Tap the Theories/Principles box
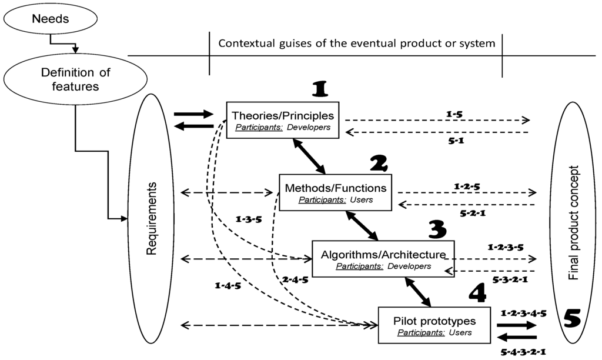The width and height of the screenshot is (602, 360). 283,120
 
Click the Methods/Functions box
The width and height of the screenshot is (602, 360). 336,193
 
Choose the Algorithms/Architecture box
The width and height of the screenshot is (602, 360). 383,259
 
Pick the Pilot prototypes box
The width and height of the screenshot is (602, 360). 433,326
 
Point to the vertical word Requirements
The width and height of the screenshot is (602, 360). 152,218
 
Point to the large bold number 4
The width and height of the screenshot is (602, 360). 479,294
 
